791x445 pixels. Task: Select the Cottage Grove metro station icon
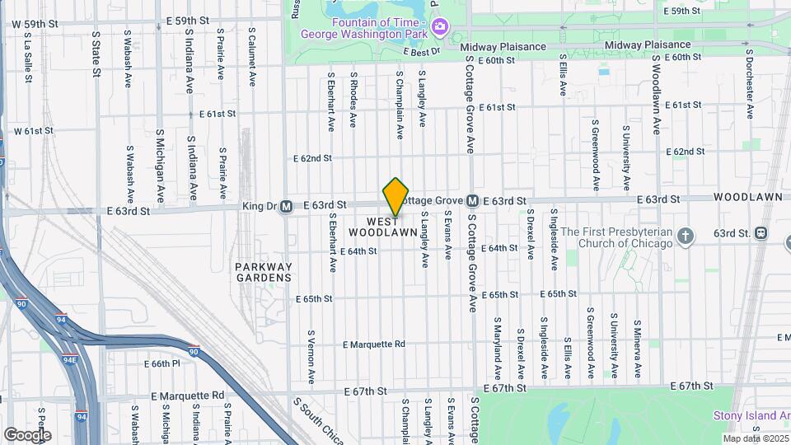[473, 200]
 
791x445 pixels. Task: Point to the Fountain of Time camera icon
[440, 26]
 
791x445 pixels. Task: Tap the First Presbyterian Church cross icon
[686, 237]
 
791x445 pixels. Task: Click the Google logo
[26, 434]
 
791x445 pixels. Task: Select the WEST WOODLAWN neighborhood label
[389, 227]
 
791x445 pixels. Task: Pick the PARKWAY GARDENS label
[264, 273]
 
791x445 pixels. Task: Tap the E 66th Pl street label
[161, 363]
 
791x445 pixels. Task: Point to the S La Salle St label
[28, 56]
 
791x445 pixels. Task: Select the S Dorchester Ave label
[750, 87]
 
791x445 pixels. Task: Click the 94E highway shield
[69, 358]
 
